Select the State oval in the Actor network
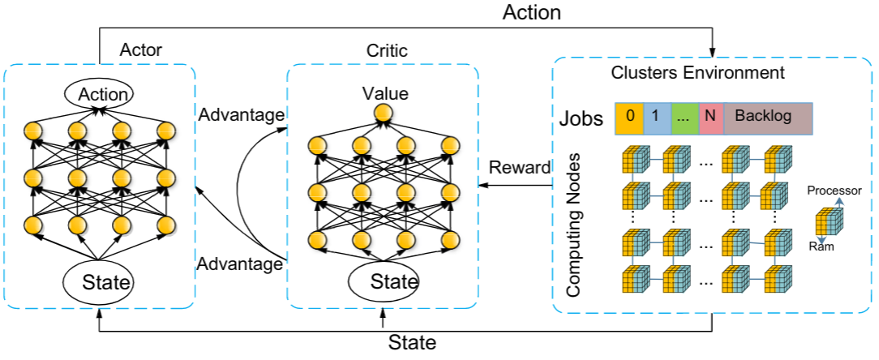pyautogui.click(x=99, y=282)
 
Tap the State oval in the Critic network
pyautogui.click(x=384, y=282)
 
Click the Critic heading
pyautogui.click(x=387, y=50)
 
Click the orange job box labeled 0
pyautogui.click(x=629, y=117)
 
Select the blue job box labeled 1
pyautogui.click(x=655, y=117)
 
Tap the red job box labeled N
pyautogui.click(x=710, y=117)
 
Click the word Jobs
pyautogui.click(x=581, y=118)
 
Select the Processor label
pyautogui.click(x=833, y=191)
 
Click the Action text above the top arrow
pyautogui.click(x=532, y=13)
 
